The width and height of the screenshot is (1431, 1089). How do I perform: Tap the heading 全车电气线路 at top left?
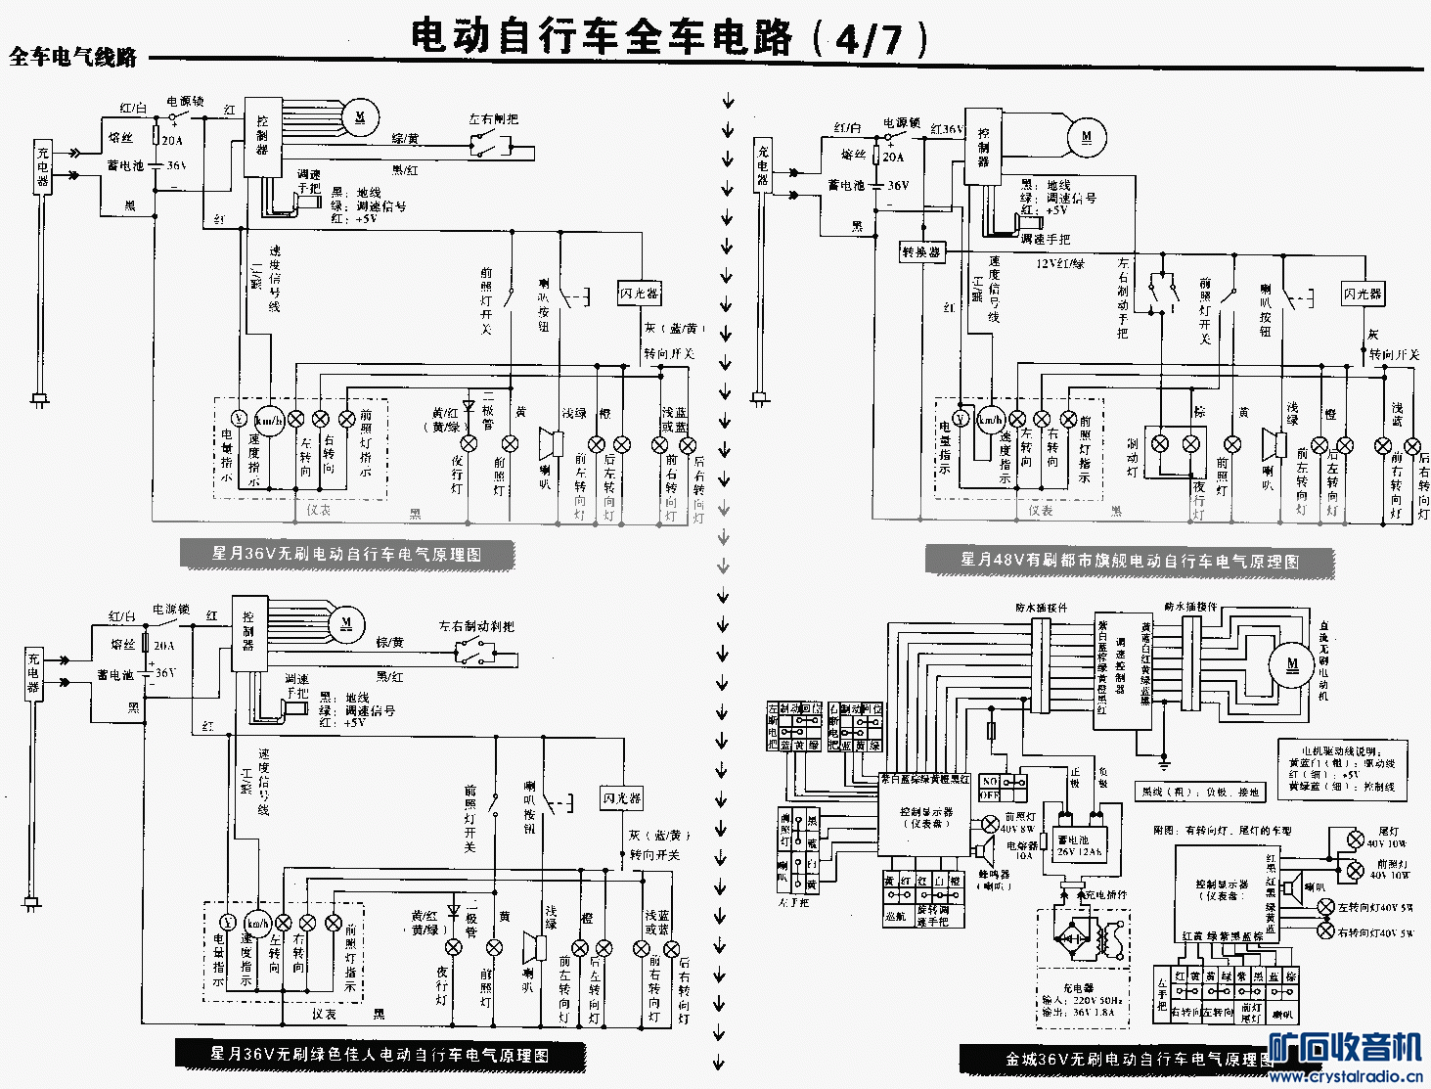[x=73, y=58]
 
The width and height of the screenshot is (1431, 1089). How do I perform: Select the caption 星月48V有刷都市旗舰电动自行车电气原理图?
[x=1130, y=561]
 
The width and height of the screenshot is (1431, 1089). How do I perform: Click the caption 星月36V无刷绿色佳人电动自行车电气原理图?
[x=380, y=1055]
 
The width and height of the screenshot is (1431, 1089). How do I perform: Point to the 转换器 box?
[x=921, y=252]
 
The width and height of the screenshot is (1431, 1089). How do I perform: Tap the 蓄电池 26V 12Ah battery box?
[x=1079, y=845]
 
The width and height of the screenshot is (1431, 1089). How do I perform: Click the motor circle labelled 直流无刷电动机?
[x=1292, y=664]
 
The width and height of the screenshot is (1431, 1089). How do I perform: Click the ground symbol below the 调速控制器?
[x=1164, y=762]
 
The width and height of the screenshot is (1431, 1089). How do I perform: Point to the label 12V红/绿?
[x=1060, y=263]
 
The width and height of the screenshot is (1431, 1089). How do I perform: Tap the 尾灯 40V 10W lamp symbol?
[x=1355, y=839]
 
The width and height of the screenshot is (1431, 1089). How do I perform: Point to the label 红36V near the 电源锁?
[x=947, y=129]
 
